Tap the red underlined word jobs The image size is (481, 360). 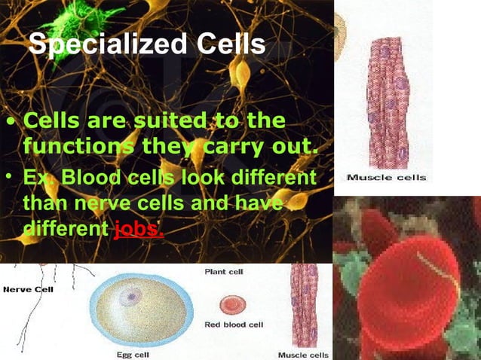pyautogui.click(x=139, y=227)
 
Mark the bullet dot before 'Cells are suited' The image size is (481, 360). pyautogui.click(x=10, y=122)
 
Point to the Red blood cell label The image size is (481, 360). pyautogui.click(x=234, y=325)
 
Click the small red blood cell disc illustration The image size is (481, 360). pyautogui.click(x=232, y=304)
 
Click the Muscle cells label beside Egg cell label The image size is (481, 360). pyautogui.click(x=303, y=354)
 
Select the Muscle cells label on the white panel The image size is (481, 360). pyautogui.click(x=387, y=178)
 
